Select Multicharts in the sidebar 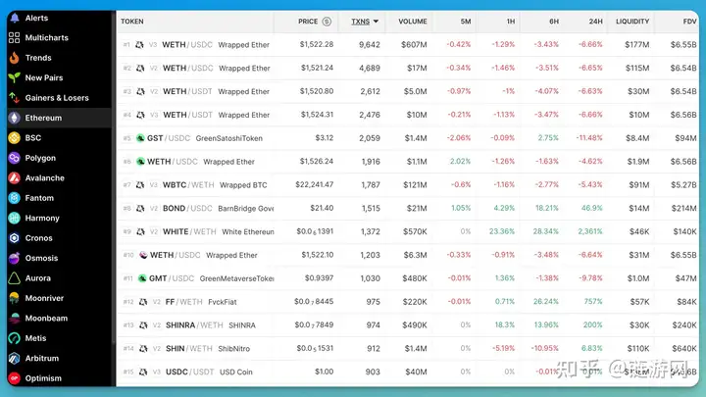[x=46, y=37]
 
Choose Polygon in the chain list [x=40, y=158]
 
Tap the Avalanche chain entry [x=44, y=178]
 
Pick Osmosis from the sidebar [x=42, y=259]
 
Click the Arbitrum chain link [x=43, y=359]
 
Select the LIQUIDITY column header [x=632, y=21]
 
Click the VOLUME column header [x=413, y=21]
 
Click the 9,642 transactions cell [x=369, y=44]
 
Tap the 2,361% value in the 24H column [x=589, y=232]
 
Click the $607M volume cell [x=413, y=44]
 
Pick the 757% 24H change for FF [x=593, y=302]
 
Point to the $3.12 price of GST [x=324, y=138]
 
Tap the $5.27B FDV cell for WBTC [x=683, y=185]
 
